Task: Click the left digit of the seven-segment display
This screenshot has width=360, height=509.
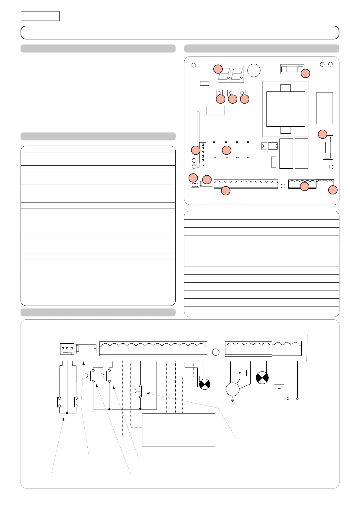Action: click(224, 74)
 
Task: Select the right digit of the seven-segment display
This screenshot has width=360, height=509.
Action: click(237, 74)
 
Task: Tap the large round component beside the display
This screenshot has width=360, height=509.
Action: click(254, 70)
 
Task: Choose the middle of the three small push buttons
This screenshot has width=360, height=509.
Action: click(231, 93)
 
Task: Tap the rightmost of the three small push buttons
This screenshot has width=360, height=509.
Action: click(242, 93)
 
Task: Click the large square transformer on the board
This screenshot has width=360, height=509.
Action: click(286, 109)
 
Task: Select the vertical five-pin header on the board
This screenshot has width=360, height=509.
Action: click(203, 153)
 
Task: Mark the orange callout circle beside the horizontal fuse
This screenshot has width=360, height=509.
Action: click(305, 73)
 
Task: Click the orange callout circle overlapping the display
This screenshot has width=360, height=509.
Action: click(218, 69)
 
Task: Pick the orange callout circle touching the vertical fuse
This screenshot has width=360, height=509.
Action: click(323, 134)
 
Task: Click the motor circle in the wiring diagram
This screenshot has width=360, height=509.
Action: click(233, 389)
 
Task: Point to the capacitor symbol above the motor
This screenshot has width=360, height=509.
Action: click(245, 373)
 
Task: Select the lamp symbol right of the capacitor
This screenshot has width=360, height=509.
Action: click(262, 378)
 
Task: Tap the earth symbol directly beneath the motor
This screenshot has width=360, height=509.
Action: click(232, 400)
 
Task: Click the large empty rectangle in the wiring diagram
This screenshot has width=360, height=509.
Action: click(178, 430)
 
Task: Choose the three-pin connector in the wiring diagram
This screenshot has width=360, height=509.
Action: click(67, 349)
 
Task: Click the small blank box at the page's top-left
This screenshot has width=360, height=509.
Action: click(40, 16)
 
